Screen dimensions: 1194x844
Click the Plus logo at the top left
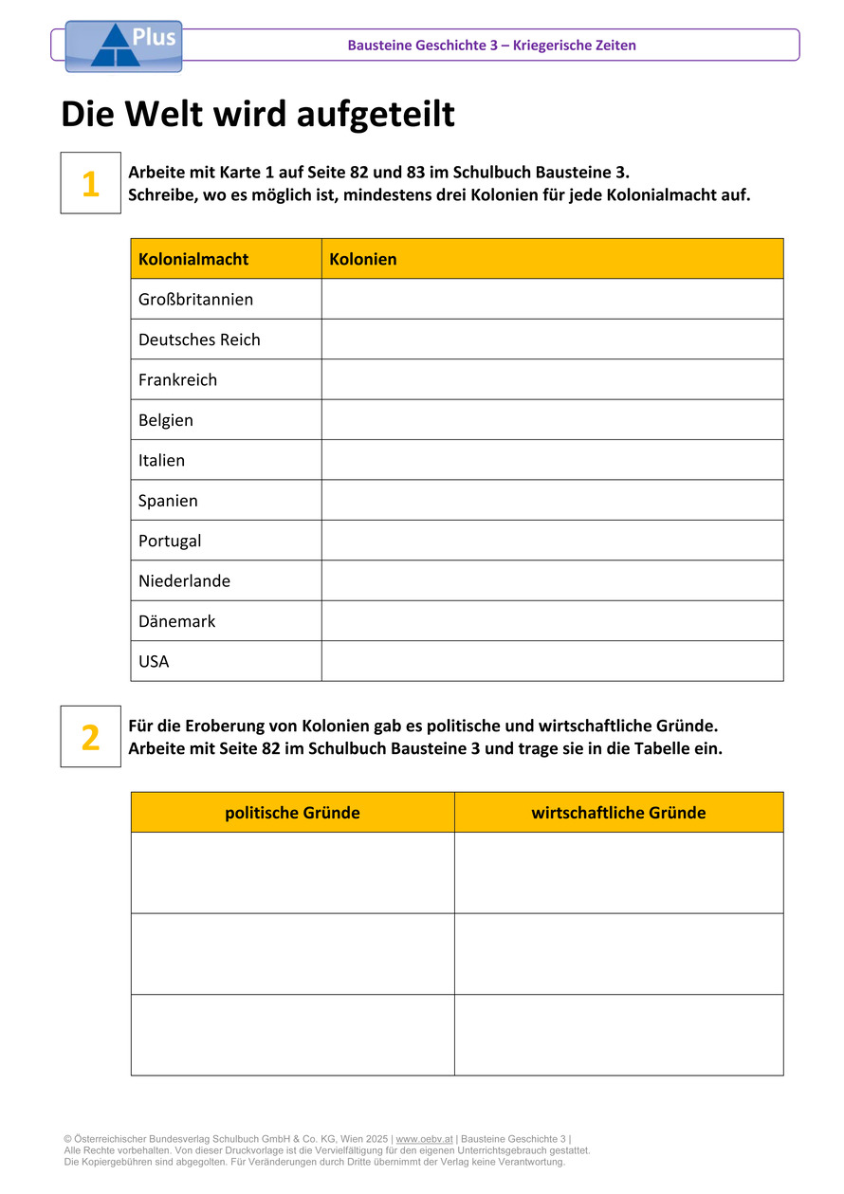click(123, 46)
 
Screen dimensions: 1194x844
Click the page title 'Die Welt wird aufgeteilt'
click(258, 115)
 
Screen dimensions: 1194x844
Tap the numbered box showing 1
click(91, 183)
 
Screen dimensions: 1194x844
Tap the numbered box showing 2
click(91, 736)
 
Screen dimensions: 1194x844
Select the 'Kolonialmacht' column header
click(193, 259)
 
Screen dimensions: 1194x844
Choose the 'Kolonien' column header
click(363, 259)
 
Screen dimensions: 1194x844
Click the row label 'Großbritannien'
click(196, 300)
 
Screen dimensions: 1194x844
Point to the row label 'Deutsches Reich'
click(199, 340)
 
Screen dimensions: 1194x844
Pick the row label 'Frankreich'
click(178, 380)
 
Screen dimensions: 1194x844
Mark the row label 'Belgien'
click(166, 420)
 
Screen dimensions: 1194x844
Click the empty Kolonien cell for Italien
click(552, 460)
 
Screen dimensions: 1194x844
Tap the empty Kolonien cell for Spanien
click(552, 501)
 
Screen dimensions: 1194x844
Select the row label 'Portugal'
click(170, 541)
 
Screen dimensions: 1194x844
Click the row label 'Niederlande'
click(184, 581)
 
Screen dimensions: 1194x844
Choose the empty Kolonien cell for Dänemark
click(552, 621)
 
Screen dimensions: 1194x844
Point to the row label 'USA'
click(154, 662)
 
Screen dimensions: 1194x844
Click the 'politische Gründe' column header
click(292, 813)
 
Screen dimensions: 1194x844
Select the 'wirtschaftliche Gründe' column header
click(618, 813)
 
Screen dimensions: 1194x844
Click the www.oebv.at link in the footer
click(424, 1139)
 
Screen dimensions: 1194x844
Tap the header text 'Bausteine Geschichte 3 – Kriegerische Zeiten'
click(491, 46)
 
